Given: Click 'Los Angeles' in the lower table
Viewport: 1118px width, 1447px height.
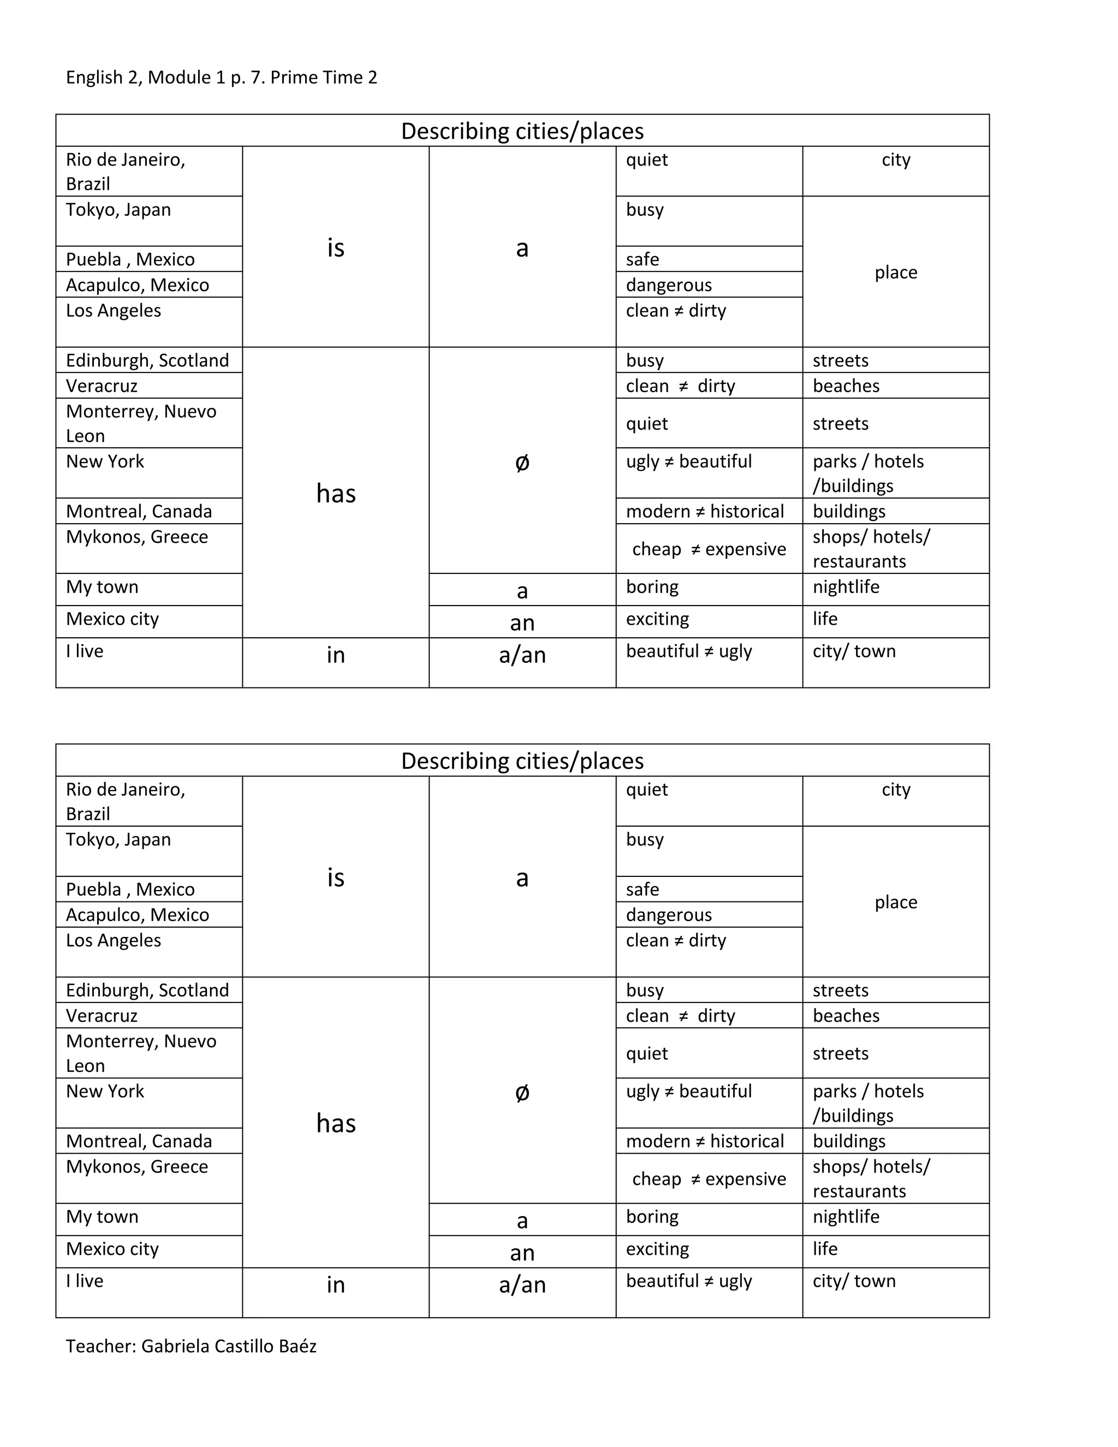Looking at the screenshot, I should click(x=113, y=940).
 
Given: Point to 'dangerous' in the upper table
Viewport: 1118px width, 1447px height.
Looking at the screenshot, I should click(x=668, y=285).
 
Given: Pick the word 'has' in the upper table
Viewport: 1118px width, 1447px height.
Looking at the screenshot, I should click(x=336, y=494).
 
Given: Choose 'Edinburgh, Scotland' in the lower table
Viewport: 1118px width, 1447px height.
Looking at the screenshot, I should click(x=147, y=990).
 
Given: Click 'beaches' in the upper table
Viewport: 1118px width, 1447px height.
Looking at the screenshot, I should click(x=846, y=386).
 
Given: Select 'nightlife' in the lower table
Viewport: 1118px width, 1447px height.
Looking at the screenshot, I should click(x=846, y=1217).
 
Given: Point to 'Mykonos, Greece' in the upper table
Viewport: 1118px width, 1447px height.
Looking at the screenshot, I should click(x=136, y=537).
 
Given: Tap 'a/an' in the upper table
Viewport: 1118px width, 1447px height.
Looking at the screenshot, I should click(x=522, y=655).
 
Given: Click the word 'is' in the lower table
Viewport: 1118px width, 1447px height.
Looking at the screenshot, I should click(x=336, y=878).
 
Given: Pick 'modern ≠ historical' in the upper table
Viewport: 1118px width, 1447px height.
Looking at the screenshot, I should click(x=705, y=512).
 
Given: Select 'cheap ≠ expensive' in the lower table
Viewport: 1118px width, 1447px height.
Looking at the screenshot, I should click(x=709, y=1179).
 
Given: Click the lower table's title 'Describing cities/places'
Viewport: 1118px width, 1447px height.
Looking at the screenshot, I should click(x=522, y=761).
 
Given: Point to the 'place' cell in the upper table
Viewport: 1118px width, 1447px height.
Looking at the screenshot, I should click(x=895, y=272).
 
